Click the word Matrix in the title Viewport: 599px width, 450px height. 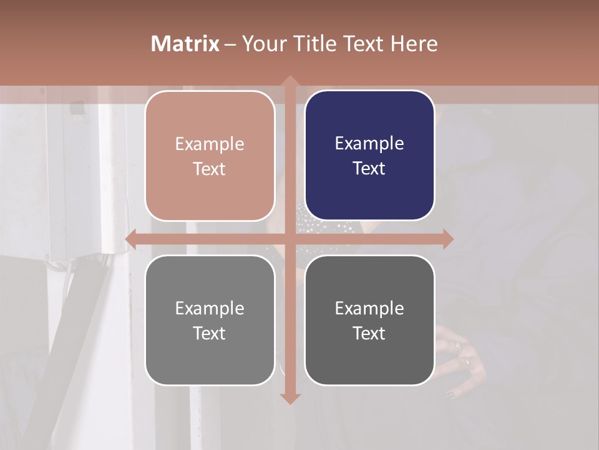pyautogui.click(x=185, y=44)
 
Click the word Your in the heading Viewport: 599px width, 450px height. pyautogui.click(x=262, y=44)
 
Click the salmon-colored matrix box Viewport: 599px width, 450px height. pyautogui.click(x=210, y=156)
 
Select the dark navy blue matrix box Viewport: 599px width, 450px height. pyautogui.click(x=369, y=156)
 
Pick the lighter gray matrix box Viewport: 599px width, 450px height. pyautogui.click(x=210, y=320)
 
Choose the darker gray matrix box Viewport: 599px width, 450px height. pyautogui.click(x=369, y=320)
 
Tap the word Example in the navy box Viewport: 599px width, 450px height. pyautogui.click(x=369, y=144)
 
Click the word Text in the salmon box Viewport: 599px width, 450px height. pyautogui.click(x=210, y=169)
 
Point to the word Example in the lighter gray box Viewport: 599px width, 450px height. pyautogui.click(x=210, y=308)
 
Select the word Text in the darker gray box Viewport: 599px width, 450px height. pyautogui.click(x=369, y=333)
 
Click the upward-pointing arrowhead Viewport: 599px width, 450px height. pyautogui.click(x=290, y=81)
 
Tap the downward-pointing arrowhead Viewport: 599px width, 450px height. pyautogui.click(x=290, y=398)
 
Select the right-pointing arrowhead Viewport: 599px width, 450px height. pyautogui.click(x=447, y=239)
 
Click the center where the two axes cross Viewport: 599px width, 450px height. pyautogui.click(x=290, y=239)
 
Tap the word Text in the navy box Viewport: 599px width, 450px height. pyautogui.click(x=369, y=169)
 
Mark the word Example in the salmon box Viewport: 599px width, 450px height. pyautogui.click(x=210, y=144)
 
